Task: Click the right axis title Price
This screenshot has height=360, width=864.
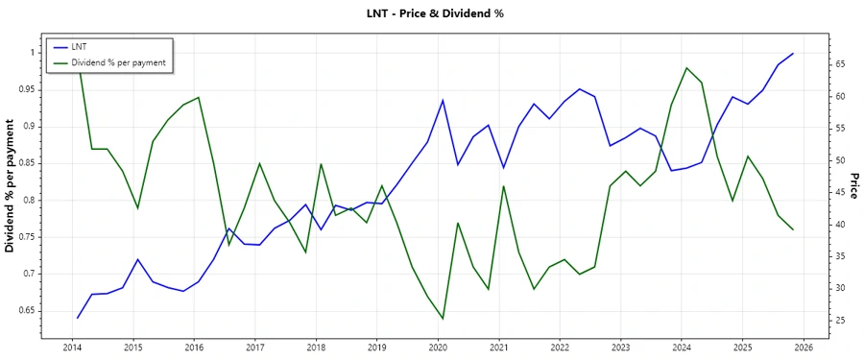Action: [852, 186]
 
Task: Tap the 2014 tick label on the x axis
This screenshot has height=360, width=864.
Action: [71, 348]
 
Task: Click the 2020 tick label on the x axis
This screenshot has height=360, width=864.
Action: [438, 348]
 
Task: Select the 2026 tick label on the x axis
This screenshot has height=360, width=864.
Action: [804, 348]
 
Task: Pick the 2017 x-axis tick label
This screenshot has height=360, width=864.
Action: [254, 348]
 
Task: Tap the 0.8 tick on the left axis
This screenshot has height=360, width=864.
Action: [28, 200]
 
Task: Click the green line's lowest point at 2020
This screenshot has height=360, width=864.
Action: [443, 319]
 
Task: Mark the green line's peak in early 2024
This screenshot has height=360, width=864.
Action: [686, 68]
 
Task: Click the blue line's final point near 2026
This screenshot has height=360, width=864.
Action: [793, 54]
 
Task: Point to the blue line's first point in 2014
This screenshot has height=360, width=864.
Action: [77, 318]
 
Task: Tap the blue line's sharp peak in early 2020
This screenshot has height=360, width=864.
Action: [443, 100]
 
